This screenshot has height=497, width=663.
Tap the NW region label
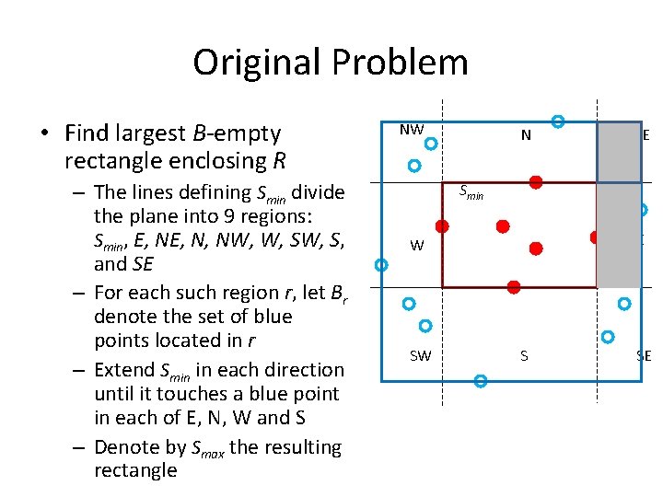(x=411, y=130)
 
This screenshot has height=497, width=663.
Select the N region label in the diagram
(x=526, y=135)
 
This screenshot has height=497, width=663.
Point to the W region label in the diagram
(x=417, y=246)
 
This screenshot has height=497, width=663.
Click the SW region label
(x=420, y=355)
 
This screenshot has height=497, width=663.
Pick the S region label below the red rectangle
(x=524, y=355)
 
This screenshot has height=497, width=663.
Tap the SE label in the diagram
(x=644, y=355)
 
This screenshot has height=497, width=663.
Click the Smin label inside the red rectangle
(x=471, y=192)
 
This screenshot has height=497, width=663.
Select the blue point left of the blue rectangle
(x=382, y=265)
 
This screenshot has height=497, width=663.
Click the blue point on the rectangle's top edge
(x=557, y=121)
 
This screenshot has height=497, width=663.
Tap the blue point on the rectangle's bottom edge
(x=480, y=380)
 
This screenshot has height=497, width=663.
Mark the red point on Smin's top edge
(x=535, y=182)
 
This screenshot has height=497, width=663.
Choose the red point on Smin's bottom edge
(x=514, y=287)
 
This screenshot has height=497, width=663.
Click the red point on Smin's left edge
(x=442, y=225)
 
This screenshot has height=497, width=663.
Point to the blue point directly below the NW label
(x=430, y=144)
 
